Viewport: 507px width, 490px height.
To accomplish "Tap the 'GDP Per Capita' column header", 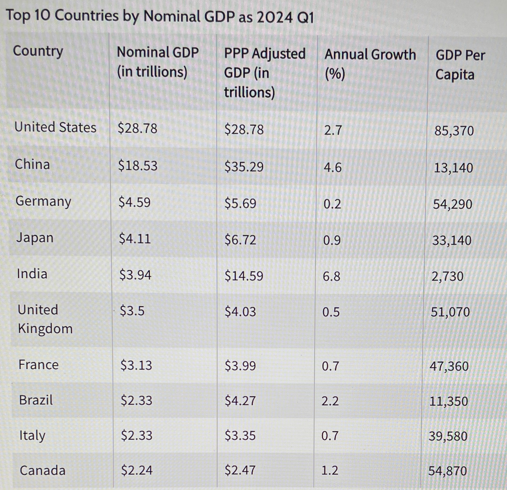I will pos(460,65).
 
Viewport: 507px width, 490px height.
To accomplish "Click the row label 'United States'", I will pos(55,127).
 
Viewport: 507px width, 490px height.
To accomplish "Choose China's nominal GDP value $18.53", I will pos(138,166).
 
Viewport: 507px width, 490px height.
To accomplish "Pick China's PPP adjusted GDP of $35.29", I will pos(244,167).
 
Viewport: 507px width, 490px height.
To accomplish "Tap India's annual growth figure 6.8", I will pos(331,276).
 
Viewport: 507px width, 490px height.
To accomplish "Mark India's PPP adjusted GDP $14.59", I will pos(244,276).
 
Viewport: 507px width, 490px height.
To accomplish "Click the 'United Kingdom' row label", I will pos(45,319).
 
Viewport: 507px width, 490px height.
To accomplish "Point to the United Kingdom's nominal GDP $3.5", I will pos(132,310).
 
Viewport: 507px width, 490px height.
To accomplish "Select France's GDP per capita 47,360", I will pos(449,366).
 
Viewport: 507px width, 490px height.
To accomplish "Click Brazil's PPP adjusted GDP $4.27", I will pos(240,401).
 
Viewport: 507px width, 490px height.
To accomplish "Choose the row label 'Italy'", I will pos(32,435).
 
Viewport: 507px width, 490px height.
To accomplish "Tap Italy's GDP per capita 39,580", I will pos(448,436).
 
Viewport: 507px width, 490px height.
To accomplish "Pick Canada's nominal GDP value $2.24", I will pos(137,470).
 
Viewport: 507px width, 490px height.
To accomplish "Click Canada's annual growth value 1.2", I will pos(330,470).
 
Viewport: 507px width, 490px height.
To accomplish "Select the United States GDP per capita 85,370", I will pos(454,131).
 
